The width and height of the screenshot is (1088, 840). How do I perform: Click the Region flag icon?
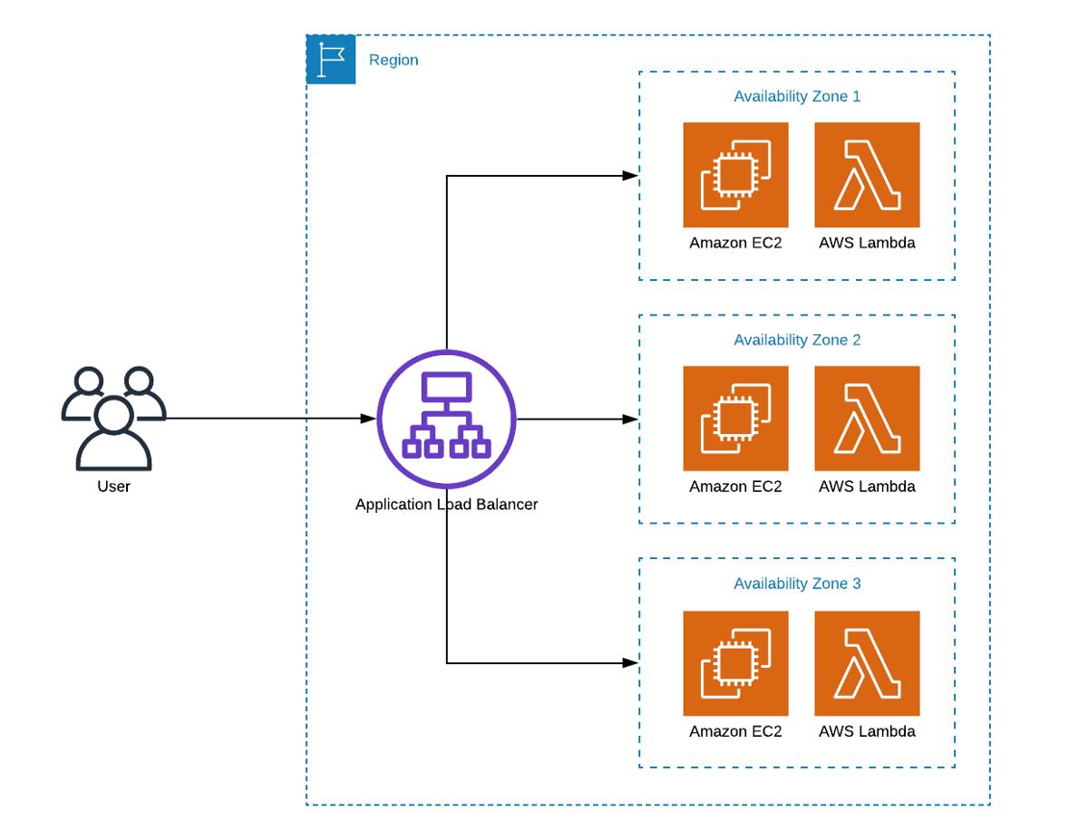[331, 60]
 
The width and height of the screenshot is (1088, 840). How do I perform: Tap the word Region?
[393, 60]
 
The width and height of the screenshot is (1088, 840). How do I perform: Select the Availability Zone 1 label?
[797, 96]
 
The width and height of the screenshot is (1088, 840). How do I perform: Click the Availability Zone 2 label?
[797, 340]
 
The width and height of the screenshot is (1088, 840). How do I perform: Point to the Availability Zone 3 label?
[797, 584]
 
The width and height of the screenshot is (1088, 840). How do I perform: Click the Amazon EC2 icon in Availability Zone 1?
[735, 175]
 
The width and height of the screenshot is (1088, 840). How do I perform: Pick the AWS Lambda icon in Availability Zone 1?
[867, 175]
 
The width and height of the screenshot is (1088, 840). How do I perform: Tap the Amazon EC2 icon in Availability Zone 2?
[735, 419]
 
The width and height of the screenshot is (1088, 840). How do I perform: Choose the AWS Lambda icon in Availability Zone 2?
[867, 419]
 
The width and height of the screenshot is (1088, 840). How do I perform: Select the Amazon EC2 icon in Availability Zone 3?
[735, 663]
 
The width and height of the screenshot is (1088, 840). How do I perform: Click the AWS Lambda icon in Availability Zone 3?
[867, 663]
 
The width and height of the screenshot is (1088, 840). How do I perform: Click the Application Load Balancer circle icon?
[446, 419]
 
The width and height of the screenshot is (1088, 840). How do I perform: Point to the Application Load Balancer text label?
[446, 505]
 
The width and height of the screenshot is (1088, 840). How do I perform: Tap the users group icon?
[113, 418]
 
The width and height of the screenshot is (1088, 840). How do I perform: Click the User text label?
[113, 487]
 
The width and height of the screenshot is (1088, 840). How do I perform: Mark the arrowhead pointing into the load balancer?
[367, 419]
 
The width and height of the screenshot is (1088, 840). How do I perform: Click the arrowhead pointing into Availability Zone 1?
[630, 176]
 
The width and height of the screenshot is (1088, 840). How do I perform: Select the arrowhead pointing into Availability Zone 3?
[630, 663]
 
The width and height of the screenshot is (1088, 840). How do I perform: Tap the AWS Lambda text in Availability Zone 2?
[867, 487]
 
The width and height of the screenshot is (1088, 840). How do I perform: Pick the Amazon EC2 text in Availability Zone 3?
[735, 731]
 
